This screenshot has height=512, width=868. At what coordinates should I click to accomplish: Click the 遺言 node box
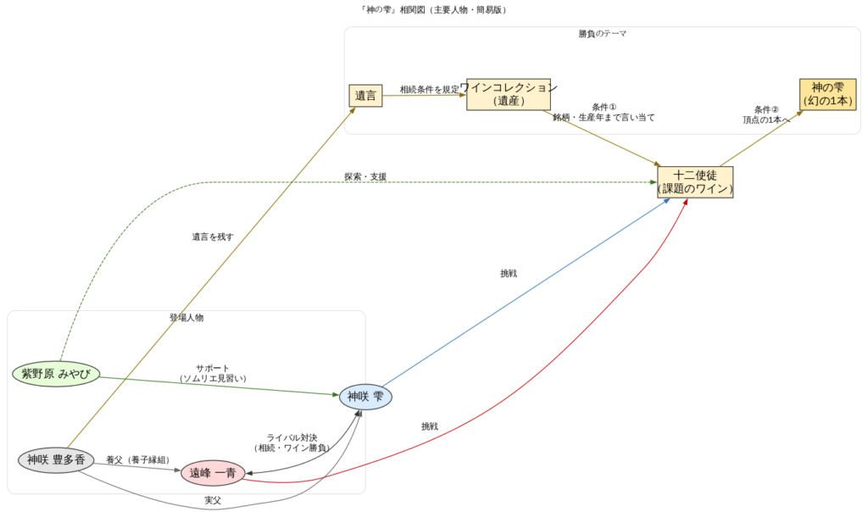point(366,96)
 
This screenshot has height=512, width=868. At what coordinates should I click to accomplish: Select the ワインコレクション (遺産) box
point(509,94)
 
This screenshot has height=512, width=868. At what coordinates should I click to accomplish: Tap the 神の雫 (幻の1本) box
point(827,93)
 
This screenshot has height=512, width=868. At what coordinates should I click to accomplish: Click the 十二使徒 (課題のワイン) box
point(695,182)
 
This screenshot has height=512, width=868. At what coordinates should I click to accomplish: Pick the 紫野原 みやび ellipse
point(57,374)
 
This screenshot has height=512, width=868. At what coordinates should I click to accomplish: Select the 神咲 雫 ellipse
point(365,397)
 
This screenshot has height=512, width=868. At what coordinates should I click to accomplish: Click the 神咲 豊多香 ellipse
point(56,460)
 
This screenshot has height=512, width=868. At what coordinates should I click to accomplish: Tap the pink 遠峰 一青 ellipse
point(213,473)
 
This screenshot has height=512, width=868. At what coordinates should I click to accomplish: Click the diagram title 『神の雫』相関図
point(434,10)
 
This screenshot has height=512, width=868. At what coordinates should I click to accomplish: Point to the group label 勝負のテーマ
point(603,34)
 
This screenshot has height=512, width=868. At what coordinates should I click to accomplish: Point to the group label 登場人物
point(186,318)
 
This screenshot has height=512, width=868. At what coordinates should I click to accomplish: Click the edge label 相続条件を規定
point(430,89)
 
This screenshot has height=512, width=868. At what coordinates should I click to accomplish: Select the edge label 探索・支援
point(365,176)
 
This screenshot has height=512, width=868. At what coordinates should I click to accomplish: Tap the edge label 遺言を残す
point(213,237)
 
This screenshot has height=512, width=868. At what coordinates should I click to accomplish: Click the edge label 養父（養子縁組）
point(137,459)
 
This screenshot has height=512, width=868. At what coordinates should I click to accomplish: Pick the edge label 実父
point(213,501)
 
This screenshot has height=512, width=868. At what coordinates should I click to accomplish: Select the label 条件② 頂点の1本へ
point(766,114)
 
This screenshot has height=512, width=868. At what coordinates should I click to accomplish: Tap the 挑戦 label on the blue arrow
point(509,274)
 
